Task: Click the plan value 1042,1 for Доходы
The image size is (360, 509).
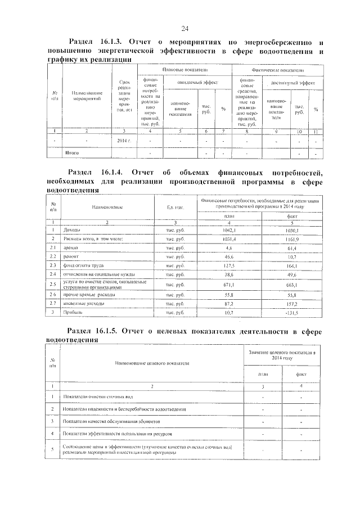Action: tap(229, 230)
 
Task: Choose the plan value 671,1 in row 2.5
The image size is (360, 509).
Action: tap(229, 285)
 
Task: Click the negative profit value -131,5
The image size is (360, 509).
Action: tap(292, 312)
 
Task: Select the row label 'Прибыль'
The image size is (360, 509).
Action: tap(73, 312)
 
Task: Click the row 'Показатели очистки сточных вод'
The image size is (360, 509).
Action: tap(98, 397)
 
